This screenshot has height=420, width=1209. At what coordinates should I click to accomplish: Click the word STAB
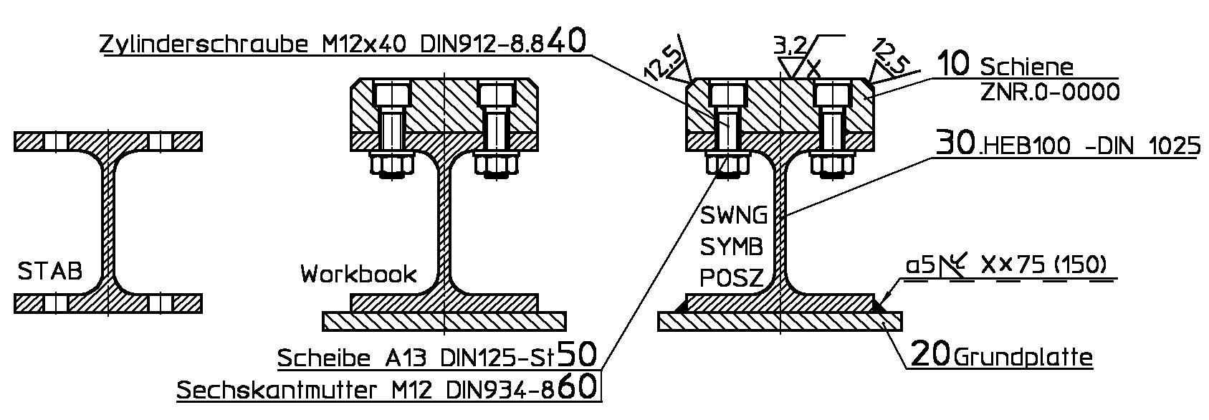pos(49,272)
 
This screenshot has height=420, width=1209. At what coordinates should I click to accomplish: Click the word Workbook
pos(358,274)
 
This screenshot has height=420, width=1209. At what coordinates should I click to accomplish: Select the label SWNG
pos(734,215)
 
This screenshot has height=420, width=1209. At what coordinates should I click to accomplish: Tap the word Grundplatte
pos(1024,357)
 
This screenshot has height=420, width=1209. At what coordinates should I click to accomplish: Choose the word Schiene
pos(1027,68)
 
